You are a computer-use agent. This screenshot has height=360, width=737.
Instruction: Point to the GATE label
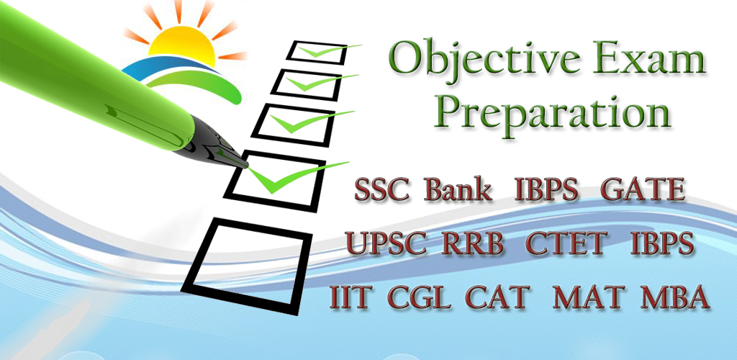[x=643, y=189]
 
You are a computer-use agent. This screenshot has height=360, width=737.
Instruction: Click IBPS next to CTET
[x=662, y=243]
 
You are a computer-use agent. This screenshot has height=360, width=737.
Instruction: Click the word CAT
[x=498, y=297]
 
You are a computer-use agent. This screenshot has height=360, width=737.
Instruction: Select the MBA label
[x=674, y=297]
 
